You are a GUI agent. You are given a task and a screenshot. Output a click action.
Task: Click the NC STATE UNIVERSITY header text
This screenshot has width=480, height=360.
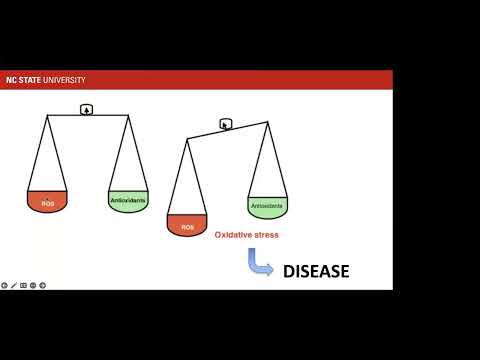point(45,80)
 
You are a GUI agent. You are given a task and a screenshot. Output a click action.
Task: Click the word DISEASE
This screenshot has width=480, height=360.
point(315,270)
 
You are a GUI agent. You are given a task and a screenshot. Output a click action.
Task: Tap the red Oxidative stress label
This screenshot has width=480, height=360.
point(246,235)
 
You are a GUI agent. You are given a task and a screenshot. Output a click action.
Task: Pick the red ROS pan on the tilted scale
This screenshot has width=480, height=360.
point(187,225)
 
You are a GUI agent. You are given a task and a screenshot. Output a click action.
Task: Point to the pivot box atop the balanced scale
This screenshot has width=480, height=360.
point(87,109)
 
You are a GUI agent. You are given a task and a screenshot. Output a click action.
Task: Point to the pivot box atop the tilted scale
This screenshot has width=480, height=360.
point(226,125)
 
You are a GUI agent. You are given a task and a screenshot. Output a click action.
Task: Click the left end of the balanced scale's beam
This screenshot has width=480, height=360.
point(47,116)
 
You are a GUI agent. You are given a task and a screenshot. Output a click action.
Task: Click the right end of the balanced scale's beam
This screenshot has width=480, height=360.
point(128,116)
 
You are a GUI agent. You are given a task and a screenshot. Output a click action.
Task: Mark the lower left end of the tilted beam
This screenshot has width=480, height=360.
point(187,140)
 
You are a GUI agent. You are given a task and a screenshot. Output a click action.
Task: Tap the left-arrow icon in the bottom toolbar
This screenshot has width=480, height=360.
point(4,285)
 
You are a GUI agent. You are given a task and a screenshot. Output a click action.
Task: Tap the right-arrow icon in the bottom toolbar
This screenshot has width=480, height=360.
point(42,285)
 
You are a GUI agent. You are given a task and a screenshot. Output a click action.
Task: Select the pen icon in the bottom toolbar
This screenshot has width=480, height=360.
point(13,285)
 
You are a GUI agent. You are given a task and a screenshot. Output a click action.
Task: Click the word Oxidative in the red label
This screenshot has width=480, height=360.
point(234,235)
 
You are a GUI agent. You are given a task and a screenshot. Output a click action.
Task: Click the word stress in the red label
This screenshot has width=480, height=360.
point(266,235)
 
